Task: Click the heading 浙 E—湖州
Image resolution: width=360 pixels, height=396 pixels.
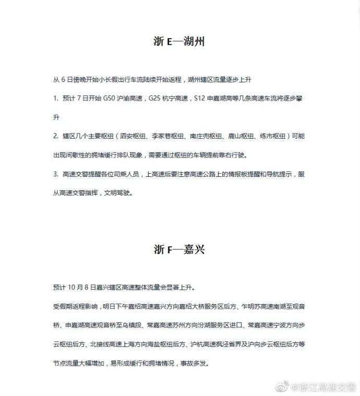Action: pos(178,42)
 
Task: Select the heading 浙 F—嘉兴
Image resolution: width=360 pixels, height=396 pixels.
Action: pos(178,249)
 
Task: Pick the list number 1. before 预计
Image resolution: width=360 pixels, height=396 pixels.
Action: pos(56,98)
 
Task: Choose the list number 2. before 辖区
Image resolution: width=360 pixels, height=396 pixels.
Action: pos(56,136)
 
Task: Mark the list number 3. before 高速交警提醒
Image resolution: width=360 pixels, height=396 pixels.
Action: pos(56,174)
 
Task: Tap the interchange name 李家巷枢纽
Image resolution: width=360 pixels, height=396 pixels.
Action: pos(172,136)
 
